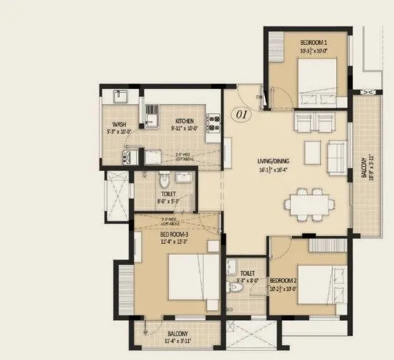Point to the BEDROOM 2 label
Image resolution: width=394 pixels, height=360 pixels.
coord(284,282)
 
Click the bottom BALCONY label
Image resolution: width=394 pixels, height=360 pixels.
coord(177,333)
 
